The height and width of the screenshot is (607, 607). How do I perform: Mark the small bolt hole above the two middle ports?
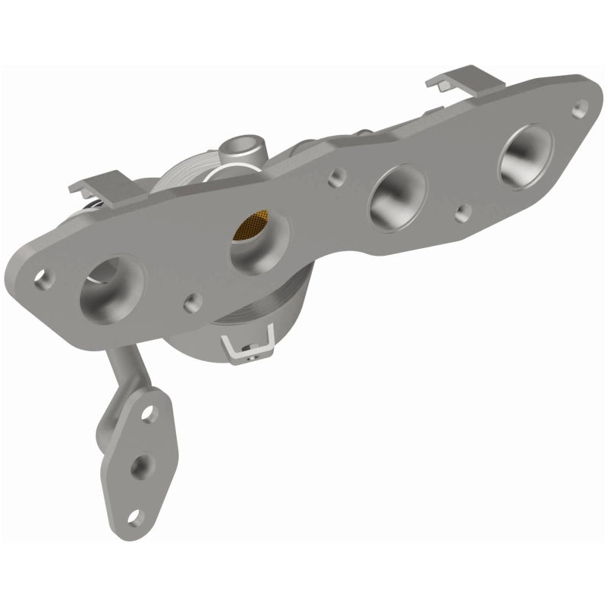coord(335,181)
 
